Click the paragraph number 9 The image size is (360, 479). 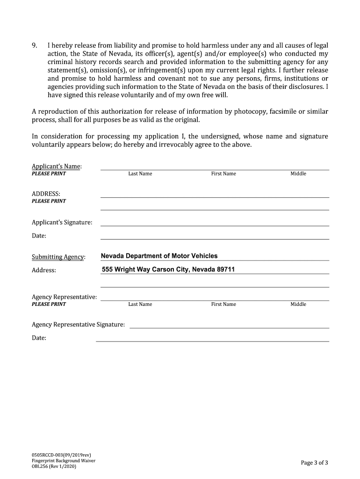tap(34, 46)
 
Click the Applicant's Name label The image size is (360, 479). tap(57, 167)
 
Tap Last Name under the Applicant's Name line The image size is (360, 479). tap(140, 174)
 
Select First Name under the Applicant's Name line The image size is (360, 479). tap(223, 174)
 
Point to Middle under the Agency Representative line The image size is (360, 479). tap(298, 305)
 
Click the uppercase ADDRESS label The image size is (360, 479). tap(46, 194)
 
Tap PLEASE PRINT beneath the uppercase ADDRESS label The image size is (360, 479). tap(49, 201)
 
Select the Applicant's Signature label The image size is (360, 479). tap(62, 223)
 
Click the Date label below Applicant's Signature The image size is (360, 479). tap(39, 236)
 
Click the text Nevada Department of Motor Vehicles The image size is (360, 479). tap(159, 256)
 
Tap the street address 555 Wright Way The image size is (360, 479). tap(126, 269)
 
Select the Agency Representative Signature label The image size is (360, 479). tap(78, 325)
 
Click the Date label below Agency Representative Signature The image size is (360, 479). tap(39, 338)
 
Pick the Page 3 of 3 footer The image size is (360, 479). tap(314, 463)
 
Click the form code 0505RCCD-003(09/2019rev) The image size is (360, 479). tap(61, 455)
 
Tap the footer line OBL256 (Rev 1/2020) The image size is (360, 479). tap(54, 466)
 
